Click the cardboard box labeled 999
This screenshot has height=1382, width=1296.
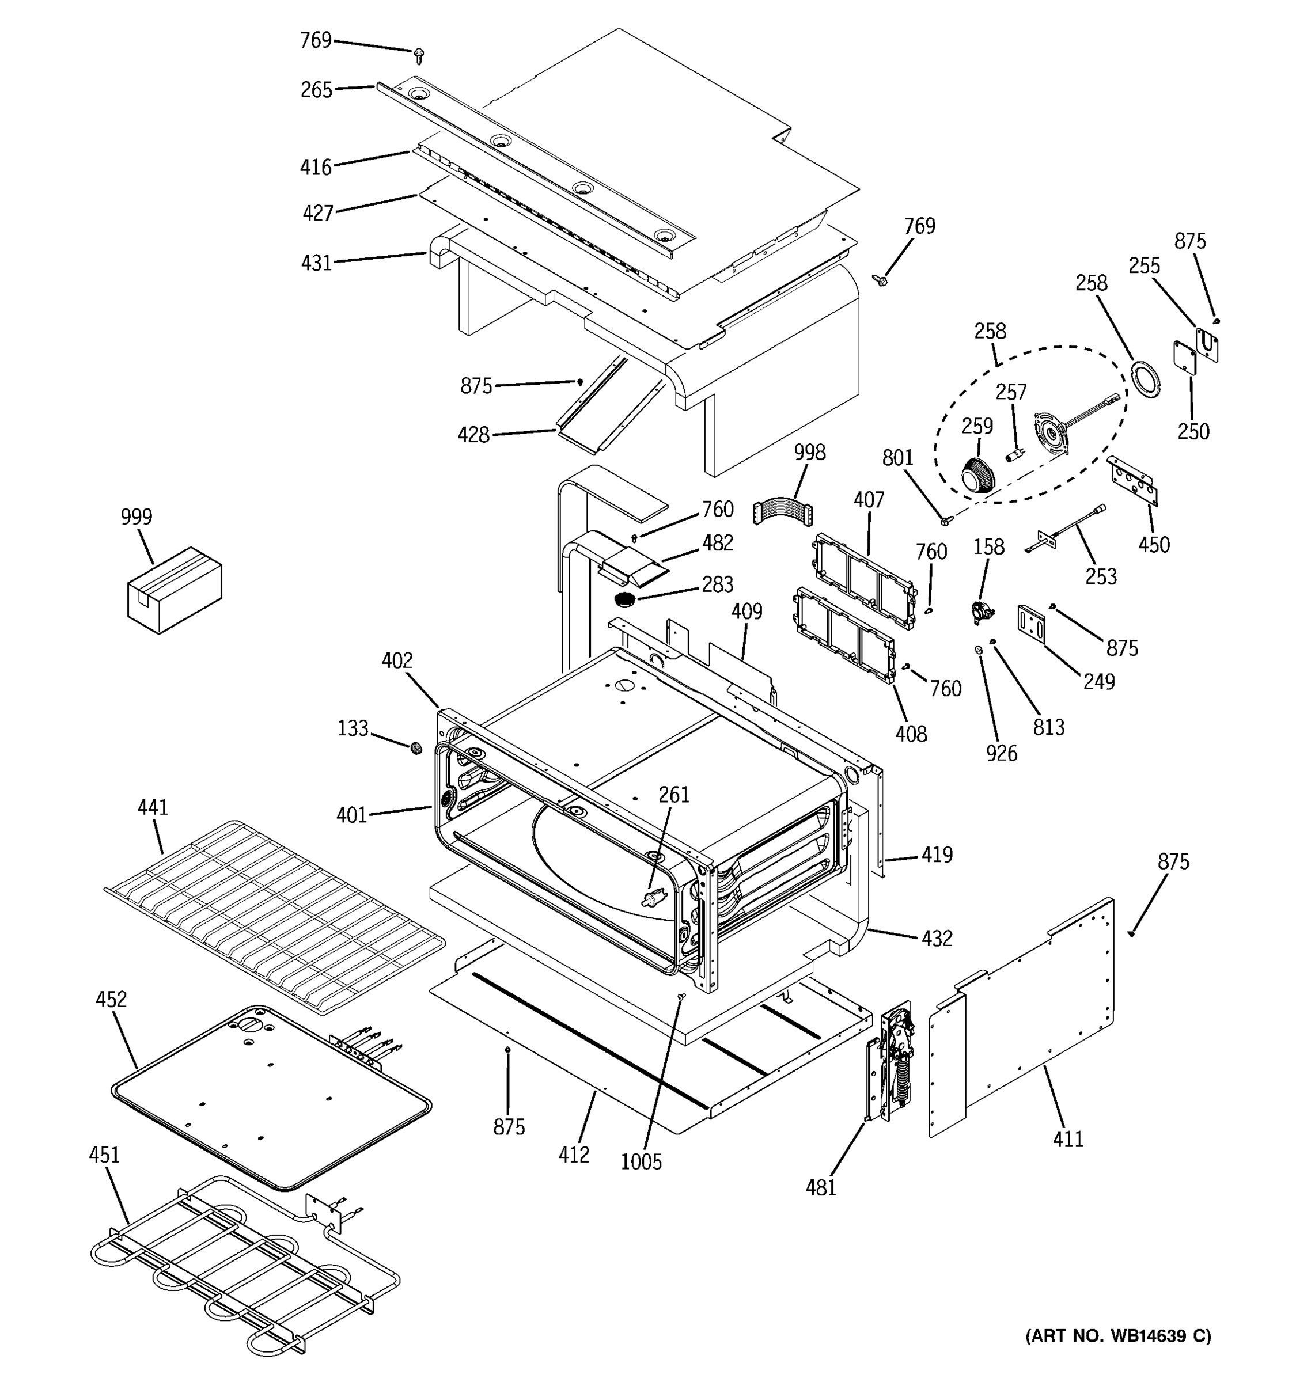[174, 590]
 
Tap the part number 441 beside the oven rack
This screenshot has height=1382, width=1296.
[152, 807]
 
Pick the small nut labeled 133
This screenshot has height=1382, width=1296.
[416, 747]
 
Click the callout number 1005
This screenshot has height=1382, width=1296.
[641, 1161]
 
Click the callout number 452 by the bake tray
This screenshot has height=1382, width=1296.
[111, 999]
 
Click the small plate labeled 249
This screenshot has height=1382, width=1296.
[1032, 622]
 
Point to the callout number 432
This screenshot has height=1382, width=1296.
[937, 939]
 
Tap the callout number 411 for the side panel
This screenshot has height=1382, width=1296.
[1068, 1138]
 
